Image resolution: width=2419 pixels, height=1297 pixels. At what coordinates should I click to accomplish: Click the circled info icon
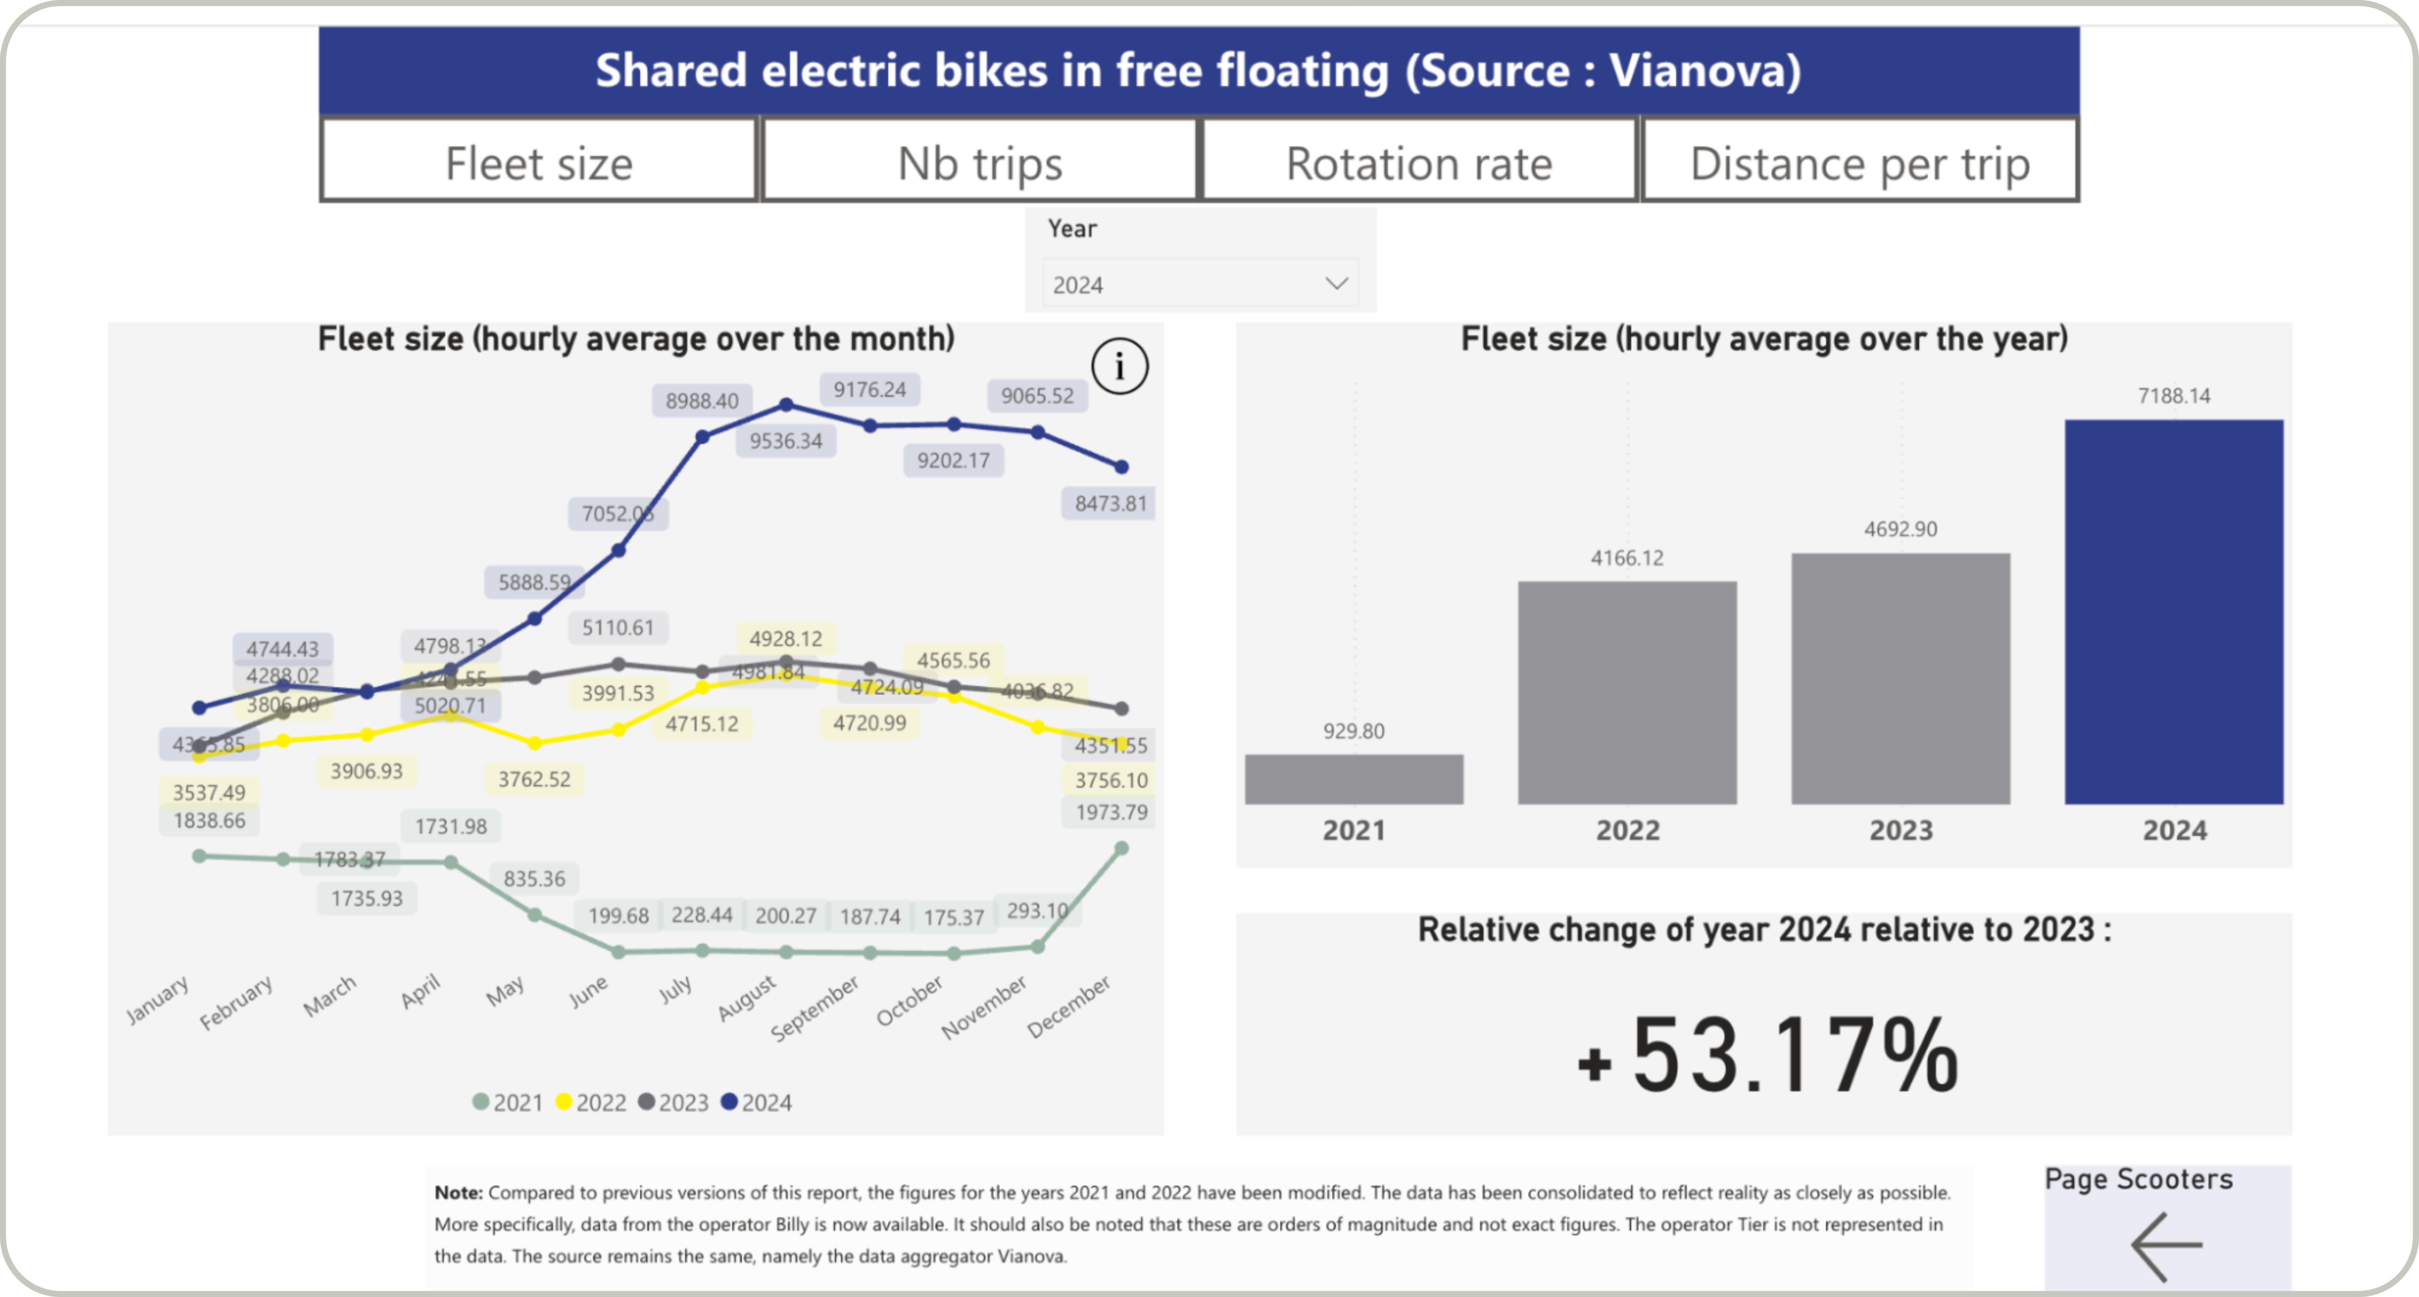(x=1119, y=366)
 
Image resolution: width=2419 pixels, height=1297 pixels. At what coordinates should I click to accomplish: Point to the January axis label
(x=158, y=998)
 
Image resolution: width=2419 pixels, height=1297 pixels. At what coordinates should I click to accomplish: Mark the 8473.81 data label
(x=1110, y=503)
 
